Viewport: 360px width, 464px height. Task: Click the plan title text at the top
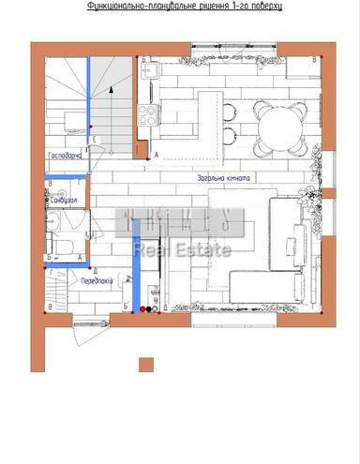[184, 6]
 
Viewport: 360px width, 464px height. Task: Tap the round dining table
[277, 127]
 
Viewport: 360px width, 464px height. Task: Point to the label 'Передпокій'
[97, 280]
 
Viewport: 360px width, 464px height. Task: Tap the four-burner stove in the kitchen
[148, 114]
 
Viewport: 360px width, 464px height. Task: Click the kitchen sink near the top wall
[148, 70]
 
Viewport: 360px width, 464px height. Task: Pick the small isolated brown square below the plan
[145, 365]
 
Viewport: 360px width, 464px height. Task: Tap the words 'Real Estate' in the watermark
[182, 249]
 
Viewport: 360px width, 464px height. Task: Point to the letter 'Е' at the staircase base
[96, 138]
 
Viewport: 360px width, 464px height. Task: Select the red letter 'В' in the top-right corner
[314, 58]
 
